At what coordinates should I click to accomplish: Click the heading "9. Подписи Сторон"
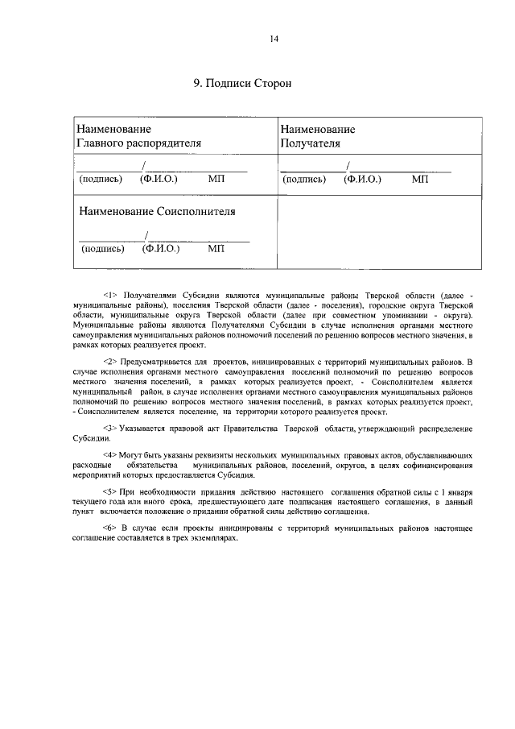pos(241,84)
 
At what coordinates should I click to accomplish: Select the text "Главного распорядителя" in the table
pos(138,143)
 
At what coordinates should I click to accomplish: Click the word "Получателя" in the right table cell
pos(311,143)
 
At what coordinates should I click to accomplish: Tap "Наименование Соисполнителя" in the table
pos(157,211)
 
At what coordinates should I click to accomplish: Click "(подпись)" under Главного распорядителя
pos(100,179)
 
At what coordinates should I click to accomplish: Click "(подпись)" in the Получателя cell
pos(304,179)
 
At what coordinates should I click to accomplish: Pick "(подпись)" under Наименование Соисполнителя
pos(103,249)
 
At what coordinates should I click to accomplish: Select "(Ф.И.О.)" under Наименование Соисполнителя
pos(161,249)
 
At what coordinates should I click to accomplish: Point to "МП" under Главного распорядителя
pos(216,179)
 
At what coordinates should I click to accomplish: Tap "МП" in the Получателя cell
pos(420,179)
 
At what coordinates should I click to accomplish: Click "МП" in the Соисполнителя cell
pos(216,249)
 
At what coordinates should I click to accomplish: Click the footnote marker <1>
pos(111,297)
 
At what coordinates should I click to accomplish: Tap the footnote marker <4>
pos(111,456)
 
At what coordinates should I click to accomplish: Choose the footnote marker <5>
pos(111,491)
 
